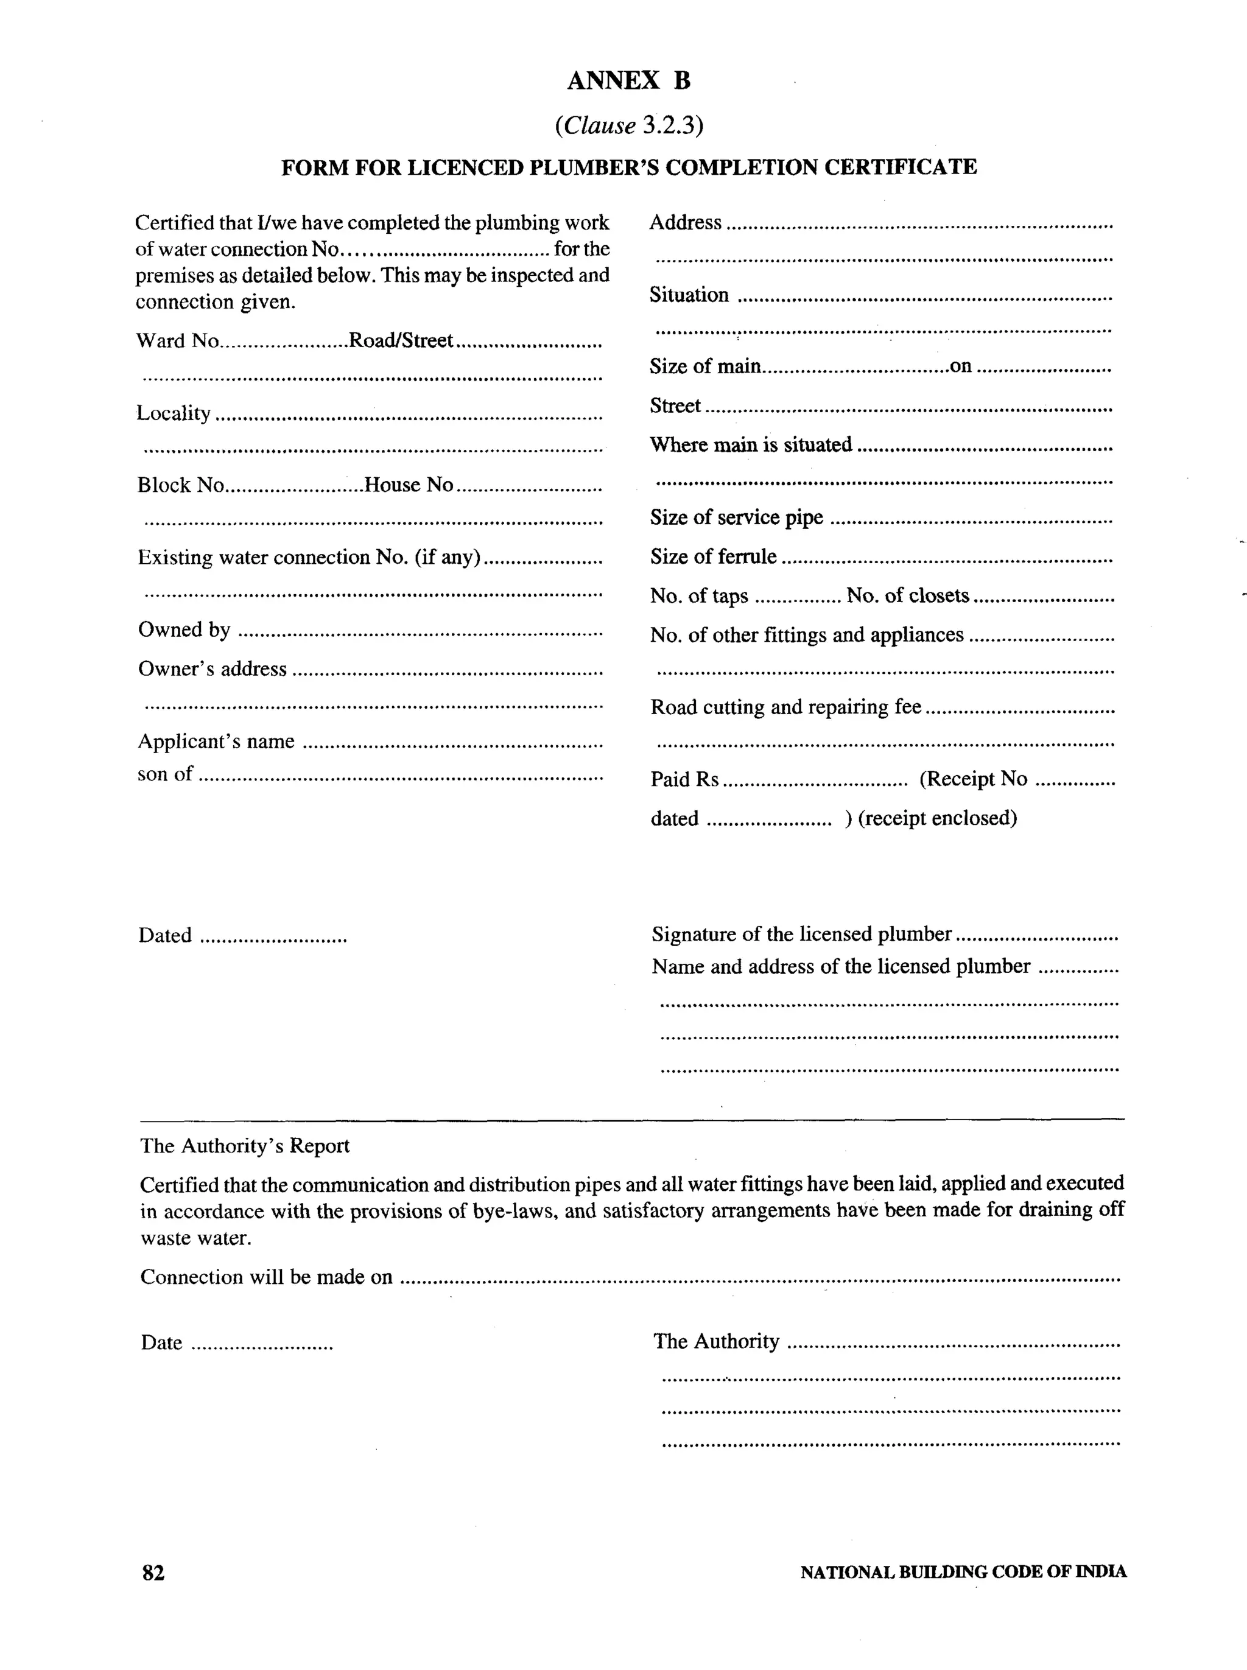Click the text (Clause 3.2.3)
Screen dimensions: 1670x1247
pos(629,125)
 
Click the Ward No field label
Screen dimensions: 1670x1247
pos(177,341)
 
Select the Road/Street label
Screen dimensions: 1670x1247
pos(400,341)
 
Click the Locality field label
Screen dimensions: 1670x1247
pos(174,413)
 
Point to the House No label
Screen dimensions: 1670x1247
pos(409,485)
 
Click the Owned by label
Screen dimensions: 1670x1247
pos(184,630)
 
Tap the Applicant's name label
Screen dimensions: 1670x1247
pos(216,742)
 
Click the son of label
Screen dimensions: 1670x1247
pos(164,774)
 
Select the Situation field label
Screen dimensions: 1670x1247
pos(689,295)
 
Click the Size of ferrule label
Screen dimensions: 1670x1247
pos(714,557)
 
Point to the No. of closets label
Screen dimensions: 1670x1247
pos(907,596)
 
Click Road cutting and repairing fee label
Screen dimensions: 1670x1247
pos(786,708)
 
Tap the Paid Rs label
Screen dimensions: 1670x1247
pos(684,779)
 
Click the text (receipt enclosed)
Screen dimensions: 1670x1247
pos(938,819)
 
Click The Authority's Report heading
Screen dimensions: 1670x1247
pos(245,1146)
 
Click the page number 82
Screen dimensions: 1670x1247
pos(153,1573)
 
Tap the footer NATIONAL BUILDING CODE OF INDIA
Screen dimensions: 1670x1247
pos(963,1573)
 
